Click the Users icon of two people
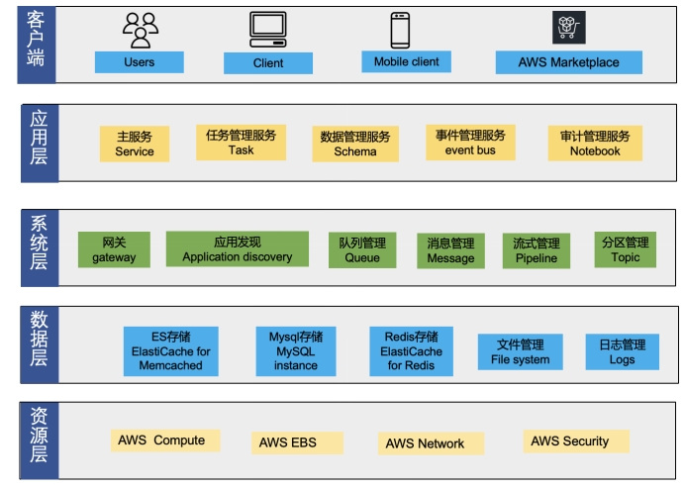[140, 30]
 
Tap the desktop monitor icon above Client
[268, 30]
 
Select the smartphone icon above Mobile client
[401, 30]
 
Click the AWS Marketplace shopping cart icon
[568, 28]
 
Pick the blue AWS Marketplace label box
[569, 62]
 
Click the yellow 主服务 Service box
[135, 144]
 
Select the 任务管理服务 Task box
[241, 143]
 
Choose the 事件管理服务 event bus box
[470, 143]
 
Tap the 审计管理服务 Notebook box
[595, 143]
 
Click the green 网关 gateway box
[114, 249]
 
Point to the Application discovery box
[238, 248]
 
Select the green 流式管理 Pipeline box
[537, 250]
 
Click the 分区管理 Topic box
[626, 249]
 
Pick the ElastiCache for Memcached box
[170, 351]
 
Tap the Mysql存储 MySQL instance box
[296, 351]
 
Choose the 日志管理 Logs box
[623, 351]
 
